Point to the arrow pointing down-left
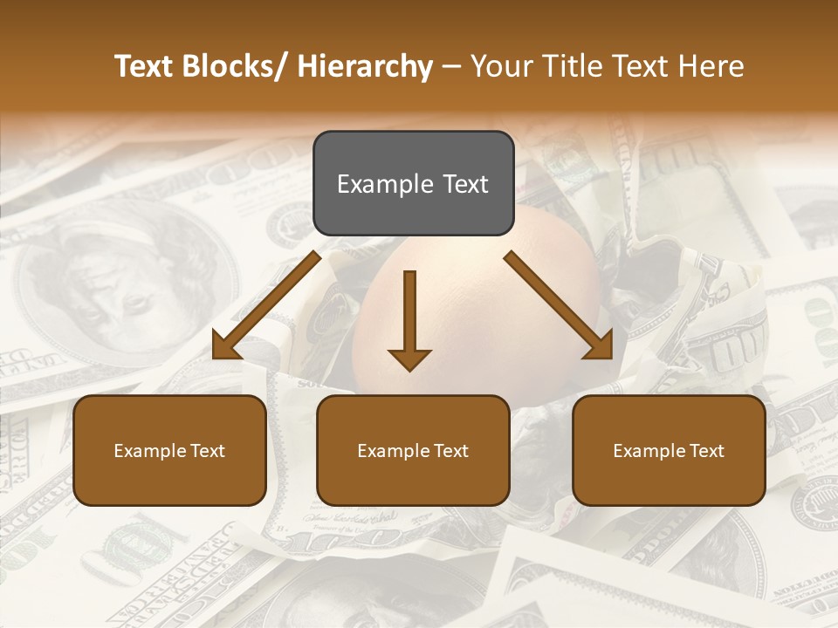point(265,305)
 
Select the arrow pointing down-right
point(560,305)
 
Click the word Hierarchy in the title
point(365,66)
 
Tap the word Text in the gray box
point(464,184)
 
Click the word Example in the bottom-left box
point(149,451)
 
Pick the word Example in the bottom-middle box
point(393,451)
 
